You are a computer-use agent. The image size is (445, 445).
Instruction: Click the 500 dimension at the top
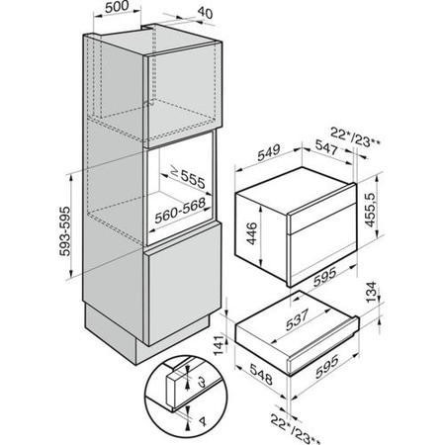[x=117, y=7]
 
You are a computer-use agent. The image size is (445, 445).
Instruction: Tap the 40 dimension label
[x=206, y=13]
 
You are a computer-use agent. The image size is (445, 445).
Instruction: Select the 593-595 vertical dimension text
[x=65, y=231]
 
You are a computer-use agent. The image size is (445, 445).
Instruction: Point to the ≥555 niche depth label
[x=188, y=178]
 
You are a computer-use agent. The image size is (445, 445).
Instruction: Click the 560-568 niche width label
[x=180, y=212]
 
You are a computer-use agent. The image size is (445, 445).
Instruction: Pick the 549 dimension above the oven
[x=269, y=152]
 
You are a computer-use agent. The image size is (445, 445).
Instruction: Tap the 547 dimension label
[x=326, y=146]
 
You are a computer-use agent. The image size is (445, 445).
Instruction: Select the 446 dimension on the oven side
[x=252, y=233]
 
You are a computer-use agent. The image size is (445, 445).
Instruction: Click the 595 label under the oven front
[x=325, y=276]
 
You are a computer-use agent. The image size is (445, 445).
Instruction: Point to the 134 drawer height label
[x=371, y=292]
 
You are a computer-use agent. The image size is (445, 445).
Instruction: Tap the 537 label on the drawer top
[x=297, y=319]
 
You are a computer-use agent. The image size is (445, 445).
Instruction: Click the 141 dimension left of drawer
[x=220, y=345]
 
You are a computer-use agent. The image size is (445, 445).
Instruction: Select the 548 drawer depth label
[x=261, y=374]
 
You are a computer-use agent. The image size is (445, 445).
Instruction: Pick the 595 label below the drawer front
[x=326, y=367]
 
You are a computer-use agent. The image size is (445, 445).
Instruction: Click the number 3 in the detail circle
[x=203, y=383]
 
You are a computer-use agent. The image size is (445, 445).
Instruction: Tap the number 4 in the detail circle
[x=203, y=421]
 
